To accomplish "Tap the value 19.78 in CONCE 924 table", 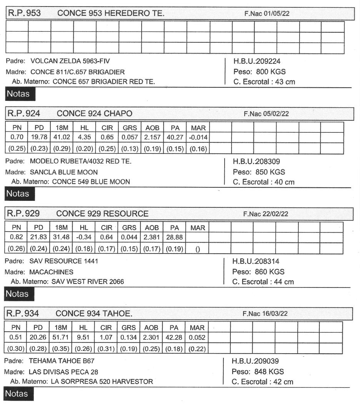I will (38, 137).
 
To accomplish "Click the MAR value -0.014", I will (198, 137).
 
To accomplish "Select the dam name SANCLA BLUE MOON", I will (64, 172).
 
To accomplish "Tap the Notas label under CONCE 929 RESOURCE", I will (18, 294).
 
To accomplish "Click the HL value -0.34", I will (83, 237).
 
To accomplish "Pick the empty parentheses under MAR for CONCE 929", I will (198, 249).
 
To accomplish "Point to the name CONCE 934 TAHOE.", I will (94, 314).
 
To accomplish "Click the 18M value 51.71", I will (60, 338).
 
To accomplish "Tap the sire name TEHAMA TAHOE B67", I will (62, 361).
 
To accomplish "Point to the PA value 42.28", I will (174, 338).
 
